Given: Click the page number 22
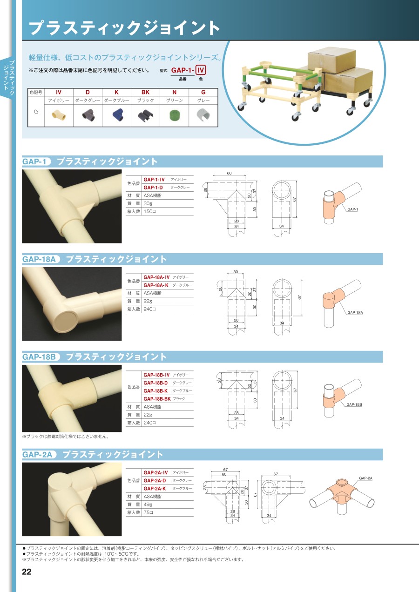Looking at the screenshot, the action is pos(27,572).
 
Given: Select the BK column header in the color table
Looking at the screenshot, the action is pos(145,92).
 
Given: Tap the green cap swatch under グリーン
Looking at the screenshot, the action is pos(174,115).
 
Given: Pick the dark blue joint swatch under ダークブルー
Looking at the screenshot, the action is pos(116,115).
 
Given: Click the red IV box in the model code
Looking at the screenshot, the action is pos(200,70).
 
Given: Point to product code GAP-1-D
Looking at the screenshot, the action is pos(153,188).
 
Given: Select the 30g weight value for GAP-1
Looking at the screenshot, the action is pos(148,203).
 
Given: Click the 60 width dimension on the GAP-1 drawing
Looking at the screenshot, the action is pos(229,173).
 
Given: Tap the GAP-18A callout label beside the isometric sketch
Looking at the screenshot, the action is pos(355,312).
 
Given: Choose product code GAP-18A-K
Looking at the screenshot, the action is pos(156,285).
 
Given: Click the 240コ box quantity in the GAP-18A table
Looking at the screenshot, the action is pos(149,309).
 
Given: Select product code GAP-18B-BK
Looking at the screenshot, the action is pos(157,399).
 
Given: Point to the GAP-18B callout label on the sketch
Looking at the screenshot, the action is pos(354,404).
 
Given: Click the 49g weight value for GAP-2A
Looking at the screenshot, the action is pos(148,505).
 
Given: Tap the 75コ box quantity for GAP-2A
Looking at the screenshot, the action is pos(149,512).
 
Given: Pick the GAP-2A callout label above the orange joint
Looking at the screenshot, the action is pos(365,478).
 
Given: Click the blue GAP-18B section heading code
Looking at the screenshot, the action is pos(39,357).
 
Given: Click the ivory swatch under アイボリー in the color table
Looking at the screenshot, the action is pos(59,115).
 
